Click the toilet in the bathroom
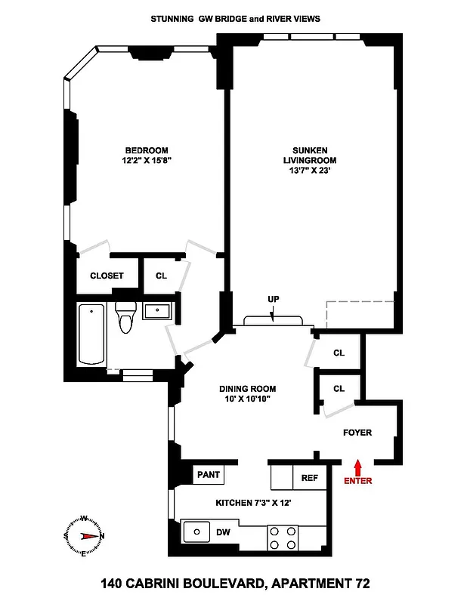click(125, 317)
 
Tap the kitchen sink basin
click(197, 532)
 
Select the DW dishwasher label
click(223, 532)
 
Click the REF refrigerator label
click(310, 478)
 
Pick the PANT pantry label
click(208, 476)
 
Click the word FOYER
click(357, 433)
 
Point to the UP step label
click(273, 299)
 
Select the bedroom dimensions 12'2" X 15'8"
click(147, 160)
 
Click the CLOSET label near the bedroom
click(107, 276)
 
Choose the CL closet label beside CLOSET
click(161, 276)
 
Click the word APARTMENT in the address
click(310, 583)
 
